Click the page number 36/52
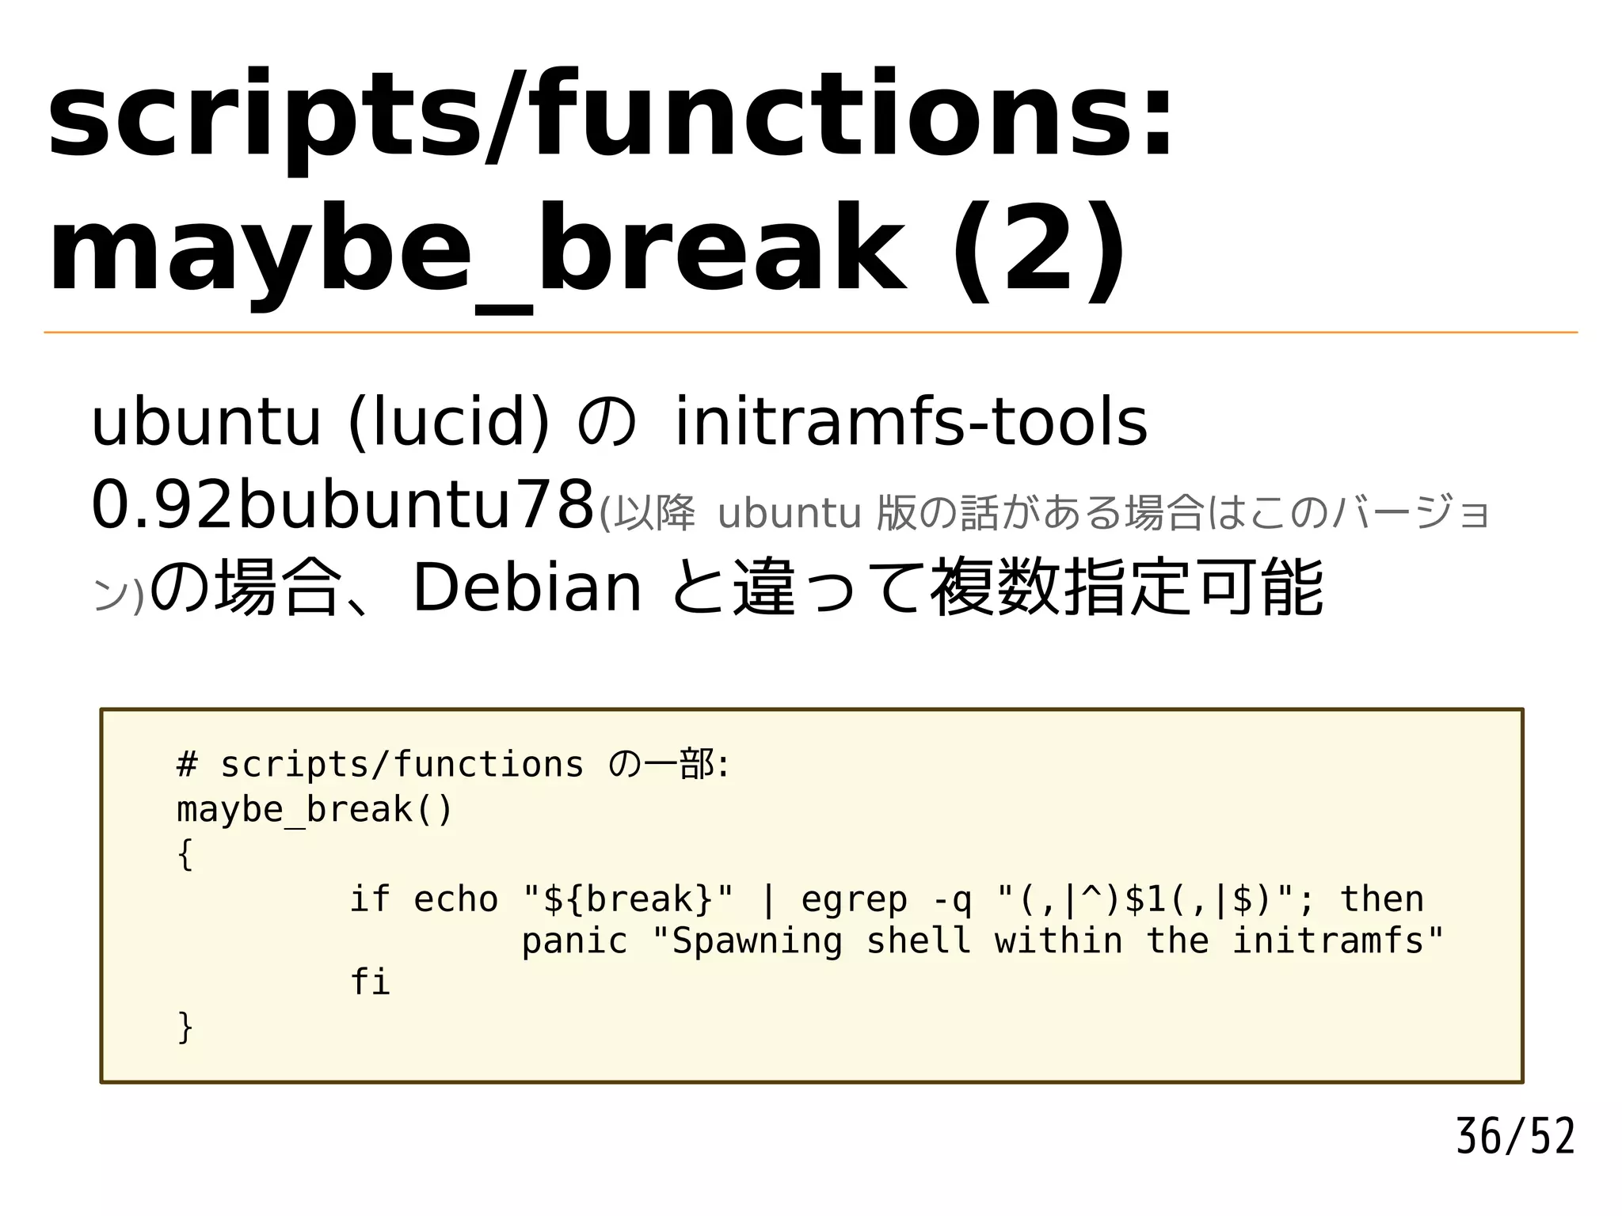click(x=1514, y=1137)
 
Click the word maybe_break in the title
click(x=475, y=249)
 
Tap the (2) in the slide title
click(x=1038, y=249)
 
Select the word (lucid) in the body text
click(x=448, y=422)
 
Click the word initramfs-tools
click(x=910, y=422)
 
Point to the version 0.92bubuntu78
click(x=343, y=505)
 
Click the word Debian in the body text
click(x=527, y=587)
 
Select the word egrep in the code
click(x=854, y=899)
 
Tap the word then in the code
click(x=1381, y=899)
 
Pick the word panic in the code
click(x=574, y=940)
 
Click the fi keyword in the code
click(x=370, y=982)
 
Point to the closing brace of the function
click(x=185, y=1027)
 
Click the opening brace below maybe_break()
click(x=185, y=854)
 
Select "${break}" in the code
click(x=630, y=899)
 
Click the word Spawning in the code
click(x=756, y=940)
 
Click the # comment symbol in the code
click(x=186, y=765)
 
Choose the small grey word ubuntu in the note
click(x=789, y=513)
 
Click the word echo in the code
click(x=455, y=899)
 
